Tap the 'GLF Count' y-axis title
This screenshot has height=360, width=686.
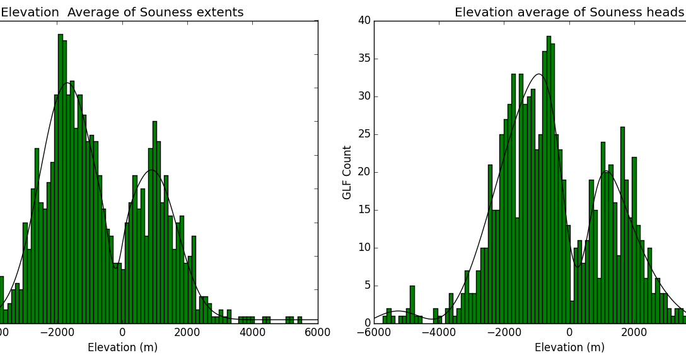[347, 172]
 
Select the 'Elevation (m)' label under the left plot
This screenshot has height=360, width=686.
[122, 347]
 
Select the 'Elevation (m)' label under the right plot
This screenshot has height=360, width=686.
[569, 347]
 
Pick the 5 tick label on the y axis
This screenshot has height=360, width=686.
[367, 286]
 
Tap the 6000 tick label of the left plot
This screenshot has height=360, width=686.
[317, 334]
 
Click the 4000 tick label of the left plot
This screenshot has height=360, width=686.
[252, 334]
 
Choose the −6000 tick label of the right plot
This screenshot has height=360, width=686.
[374, 334]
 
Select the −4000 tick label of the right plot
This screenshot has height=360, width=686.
[439, 334]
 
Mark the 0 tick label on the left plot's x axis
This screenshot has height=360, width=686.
[122, 334]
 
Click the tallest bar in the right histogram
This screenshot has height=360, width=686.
[549, 180]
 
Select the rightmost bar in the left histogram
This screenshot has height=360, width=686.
[299, 320]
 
